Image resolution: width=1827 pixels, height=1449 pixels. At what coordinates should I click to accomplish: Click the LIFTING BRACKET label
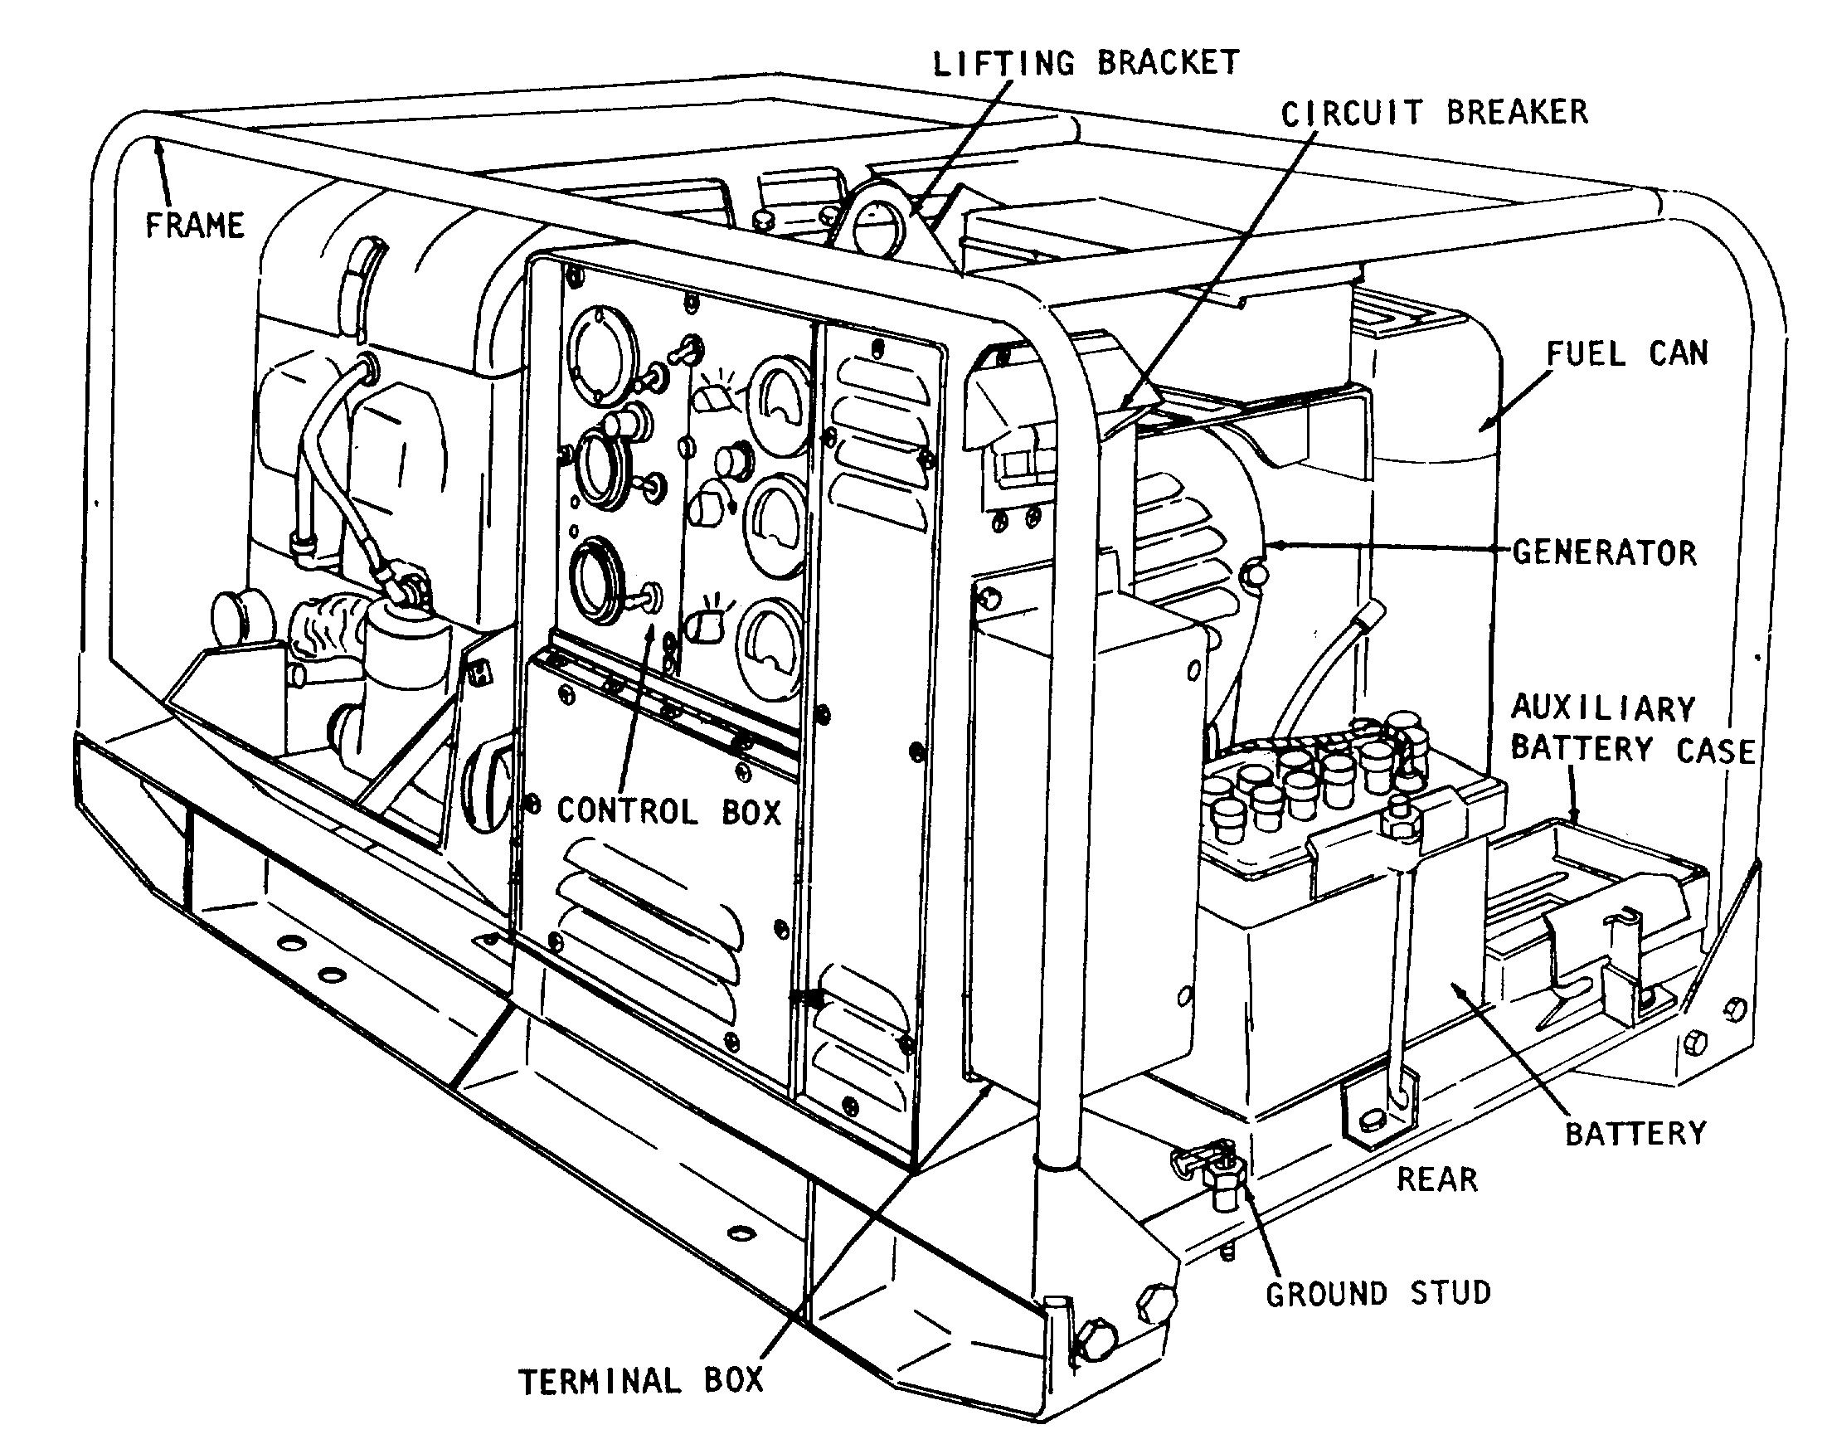click(1086, 63)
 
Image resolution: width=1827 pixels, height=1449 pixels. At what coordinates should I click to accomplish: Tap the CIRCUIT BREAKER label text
click(1434, 113)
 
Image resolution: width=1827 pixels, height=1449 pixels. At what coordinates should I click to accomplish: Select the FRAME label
click(195, 226)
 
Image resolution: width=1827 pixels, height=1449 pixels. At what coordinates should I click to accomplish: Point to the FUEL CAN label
click(1627, 353)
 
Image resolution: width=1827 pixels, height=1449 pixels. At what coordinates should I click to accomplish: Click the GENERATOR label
click(1605, 552)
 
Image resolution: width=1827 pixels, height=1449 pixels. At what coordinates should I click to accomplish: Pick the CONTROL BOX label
click(668, 811)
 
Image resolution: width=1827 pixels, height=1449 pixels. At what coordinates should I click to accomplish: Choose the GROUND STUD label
click(1378, 1294)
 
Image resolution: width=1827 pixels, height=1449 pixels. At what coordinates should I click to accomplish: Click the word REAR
click(1437, 1179)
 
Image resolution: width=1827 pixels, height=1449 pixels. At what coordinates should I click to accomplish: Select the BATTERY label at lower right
click(1635, 1134)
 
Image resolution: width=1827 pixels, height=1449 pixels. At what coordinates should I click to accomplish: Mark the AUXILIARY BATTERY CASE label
click(1632, 729)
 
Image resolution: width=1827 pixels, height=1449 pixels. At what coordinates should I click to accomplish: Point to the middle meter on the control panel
click(775, 527)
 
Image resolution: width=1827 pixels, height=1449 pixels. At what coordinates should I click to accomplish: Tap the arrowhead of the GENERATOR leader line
click(1274, 545)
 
